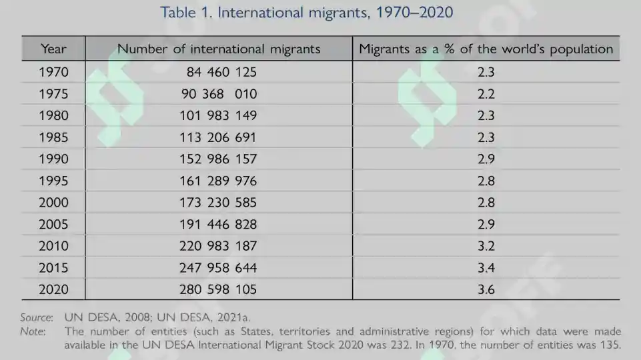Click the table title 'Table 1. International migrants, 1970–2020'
pos(306,12)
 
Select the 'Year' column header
pos(53,49)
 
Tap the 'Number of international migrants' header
pos(219,49)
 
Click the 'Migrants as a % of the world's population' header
pos(486,49)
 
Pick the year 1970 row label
pos(53,72)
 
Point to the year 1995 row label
pos(53,181)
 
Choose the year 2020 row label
pos(53,290)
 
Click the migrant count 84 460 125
pos(221,72)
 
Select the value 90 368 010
pos(219,94)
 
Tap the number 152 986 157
pos(218,159)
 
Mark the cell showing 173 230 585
pos(218,203)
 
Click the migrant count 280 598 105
pos(218,290)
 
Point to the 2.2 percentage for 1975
pos(486,94)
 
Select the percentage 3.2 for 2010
pos(486,246)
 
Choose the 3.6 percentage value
pos(486,290)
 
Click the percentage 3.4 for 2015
pos(486,268)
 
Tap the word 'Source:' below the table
pos(37,317)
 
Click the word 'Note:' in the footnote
pos(33,331)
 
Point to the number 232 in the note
pos(400,345)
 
